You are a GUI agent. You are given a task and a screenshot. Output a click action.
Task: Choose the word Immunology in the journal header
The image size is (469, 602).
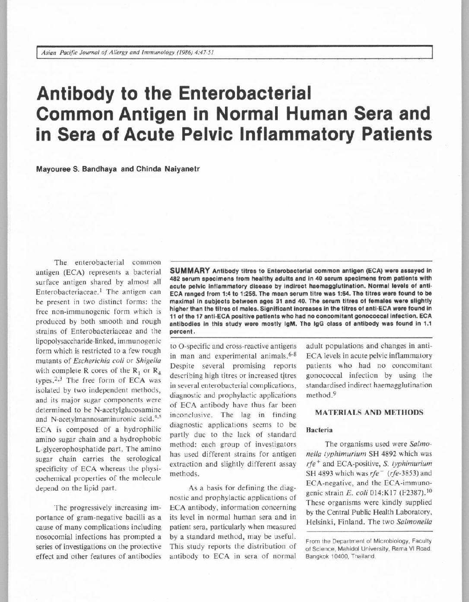(x=143, y=53)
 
